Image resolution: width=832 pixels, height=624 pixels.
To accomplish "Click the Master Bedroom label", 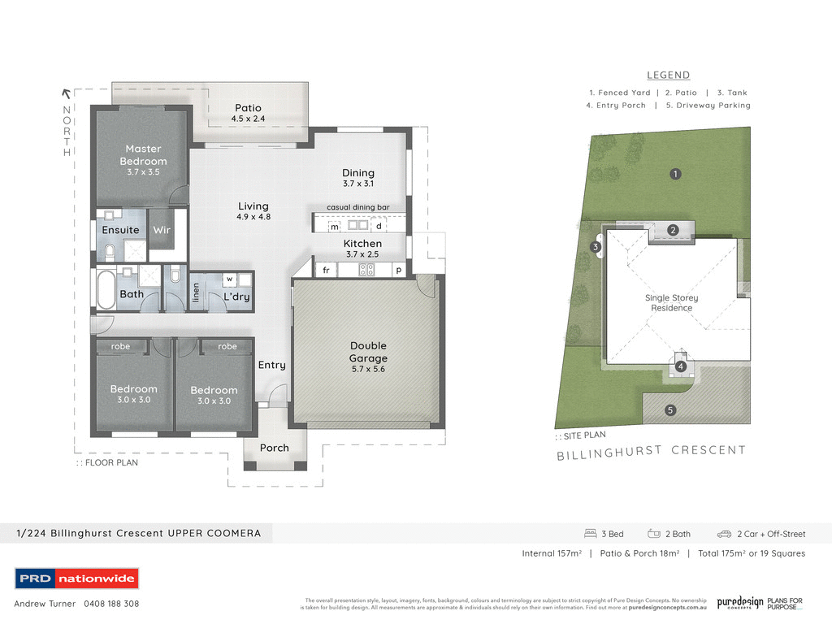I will [144, 154].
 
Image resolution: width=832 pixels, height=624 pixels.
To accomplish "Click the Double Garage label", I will [368, 352].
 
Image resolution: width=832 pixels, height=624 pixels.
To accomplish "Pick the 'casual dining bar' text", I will [358, 207].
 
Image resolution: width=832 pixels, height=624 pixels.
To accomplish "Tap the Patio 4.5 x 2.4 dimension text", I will [248, 119].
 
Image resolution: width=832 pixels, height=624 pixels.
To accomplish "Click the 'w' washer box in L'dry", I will [230, 279].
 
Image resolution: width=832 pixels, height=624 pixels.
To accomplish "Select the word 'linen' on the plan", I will [196, 293].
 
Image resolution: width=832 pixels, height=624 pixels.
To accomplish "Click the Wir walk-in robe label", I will [162, 230].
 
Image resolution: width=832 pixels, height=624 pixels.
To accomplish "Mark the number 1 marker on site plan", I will [674, 173].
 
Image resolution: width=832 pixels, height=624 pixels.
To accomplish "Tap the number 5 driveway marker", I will [670, 410].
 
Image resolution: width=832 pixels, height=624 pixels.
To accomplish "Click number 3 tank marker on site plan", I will [596, 247].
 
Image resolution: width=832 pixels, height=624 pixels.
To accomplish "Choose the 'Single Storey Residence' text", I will [672, 303].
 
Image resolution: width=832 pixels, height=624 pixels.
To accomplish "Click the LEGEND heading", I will [668, 75].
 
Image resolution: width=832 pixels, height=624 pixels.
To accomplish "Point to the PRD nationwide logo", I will [77, 578].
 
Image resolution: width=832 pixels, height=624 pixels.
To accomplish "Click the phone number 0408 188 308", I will [110, 604].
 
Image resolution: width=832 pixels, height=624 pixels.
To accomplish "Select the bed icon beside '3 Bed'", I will [591, 534].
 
